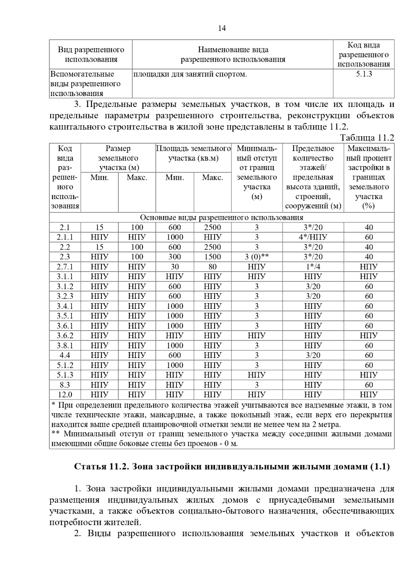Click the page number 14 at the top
pos(222,28)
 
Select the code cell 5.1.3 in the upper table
pos(364,74)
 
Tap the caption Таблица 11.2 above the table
pos(367,138)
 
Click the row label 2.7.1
pos(65,267)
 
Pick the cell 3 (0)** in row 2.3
pos(256,257)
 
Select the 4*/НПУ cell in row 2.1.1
pos(313,237)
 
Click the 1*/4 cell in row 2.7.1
pos(313,267)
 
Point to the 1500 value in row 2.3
pos(212,257)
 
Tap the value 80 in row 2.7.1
pos(212,267)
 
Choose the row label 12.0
pos(65,394)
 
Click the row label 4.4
pos(65,355)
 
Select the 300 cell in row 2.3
pos(175,257)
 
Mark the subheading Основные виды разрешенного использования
pos(221,217)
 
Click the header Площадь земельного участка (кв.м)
pos(193,154)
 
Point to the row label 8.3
pos(65,385)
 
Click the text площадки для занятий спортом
pos(190,74)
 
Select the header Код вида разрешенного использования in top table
pos(364,55)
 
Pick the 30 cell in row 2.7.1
pos(175,267)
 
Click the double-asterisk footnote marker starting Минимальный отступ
pos(55,434)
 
